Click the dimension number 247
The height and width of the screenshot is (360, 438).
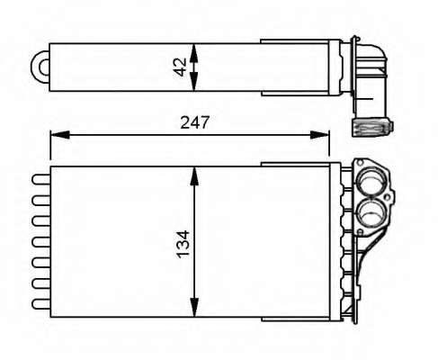point(194,122)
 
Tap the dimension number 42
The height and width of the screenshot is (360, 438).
point(180,67)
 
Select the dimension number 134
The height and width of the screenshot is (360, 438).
point(183,244)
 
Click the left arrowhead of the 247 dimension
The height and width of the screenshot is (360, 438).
point(59,135)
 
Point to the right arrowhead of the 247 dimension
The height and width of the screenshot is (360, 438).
point(320,135)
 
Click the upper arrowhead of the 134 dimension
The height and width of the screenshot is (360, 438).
point(194,177)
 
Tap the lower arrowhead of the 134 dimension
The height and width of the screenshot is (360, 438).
point(194,307)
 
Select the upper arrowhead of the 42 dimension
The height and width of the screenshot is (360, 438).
point(194,53)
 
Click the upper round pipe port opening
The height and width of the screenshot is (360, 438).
point(371,182)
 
